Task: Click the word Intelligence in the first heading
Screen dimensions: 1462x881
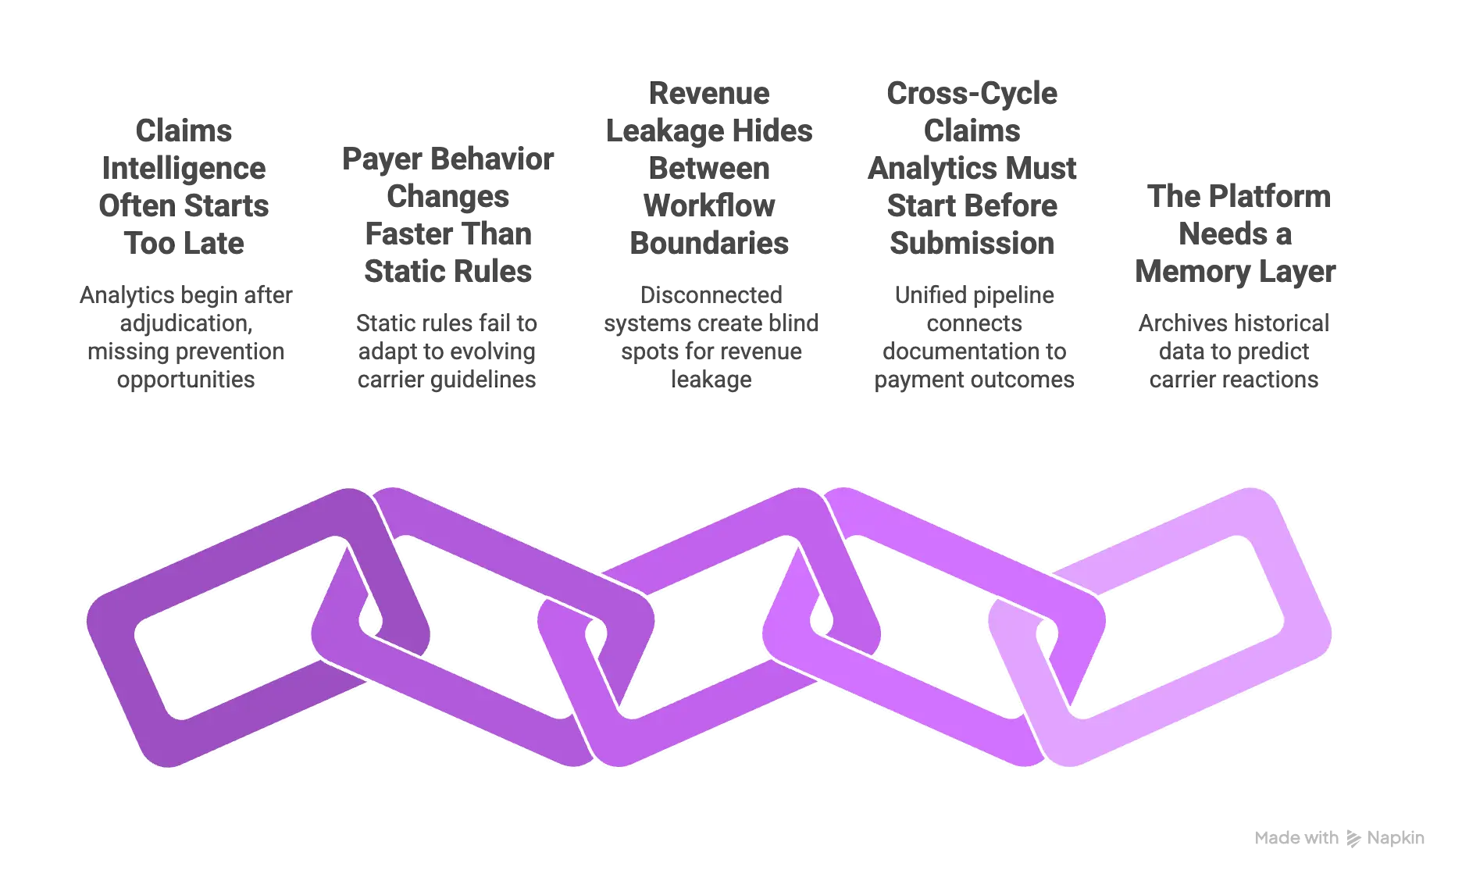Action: point(184,169)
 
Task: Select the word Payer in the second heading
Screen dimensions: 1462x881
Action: point(382,159)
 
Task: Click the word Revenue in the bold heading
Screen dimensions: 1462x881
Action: point(709,93)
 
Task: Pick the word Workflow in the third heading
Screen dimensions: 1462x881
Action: point(709,205)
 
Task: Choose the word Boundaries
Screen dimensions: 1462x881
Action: point(709,243)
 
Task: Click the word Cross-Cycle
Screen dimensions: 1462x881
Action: point(972,94)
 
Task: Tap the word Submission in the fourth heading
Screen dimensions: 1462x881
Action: point(972,243)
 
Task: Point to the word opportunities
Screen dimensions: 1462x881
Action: point(186,380)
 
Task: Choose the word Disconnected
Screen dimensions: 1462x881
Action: point(711,295)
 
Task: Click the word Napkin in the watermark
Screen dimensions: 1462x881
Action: point(1396,838)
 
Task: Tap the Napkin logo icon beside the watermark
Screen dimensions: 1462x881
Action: point(1353,839)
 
